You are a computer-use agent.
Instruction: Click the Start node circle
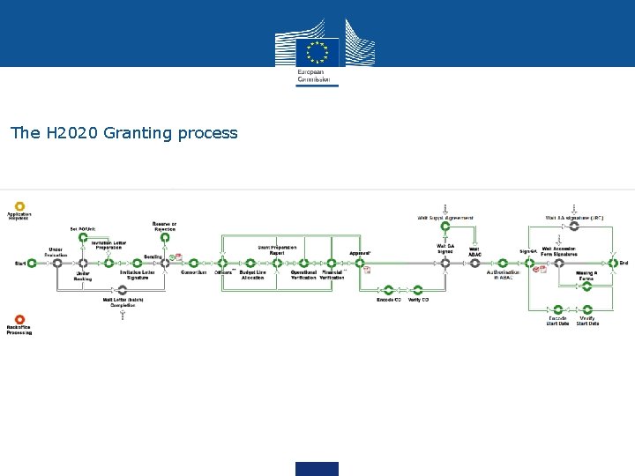(x=32, y=263)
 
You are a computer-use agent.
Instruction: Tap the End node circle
(x=612, y=263)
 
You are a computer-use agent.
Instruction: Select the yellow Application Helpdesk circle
(x=19, y=206)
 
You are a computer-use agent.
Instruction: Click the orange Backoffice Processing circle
(x=19, y=320)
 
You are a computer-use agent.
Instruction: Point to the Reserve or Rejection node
(x=163, y=238)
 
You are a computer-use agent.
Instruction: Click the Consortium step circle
(x=194, y=263)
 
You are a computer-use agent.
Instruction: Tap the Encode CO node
(x=389, y=290)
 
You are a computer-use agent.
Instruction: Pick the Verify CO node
(x=418, y=290)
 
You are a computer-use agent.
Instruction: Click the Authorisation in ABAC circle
(x=503, y=263)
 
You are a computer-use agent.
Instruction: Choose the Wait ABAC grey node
(x=474, y=263)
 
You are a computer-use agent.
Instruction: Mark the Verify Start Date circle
(x=587, y=309)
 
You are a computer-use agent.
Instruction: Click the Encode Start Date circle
(x=557, y=309)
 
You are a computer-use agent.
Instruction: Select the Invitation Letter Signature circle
(x=137, y=263)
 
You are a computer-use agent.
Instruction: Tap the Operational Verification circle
(x=303, y=263)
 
